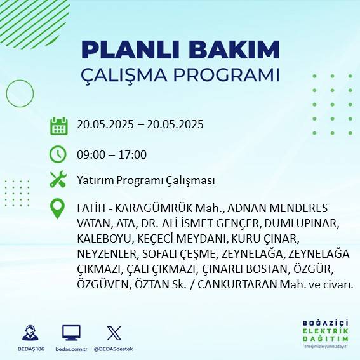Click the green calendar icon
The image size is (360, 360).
(58, 125)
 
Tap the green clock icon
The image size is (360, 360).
(58, 154)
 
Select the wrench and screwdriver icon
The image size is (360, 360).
(58, 180)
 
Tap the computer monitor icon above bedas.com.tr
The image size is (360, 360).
(70, 333)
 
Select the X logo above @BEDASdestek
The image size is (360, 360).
(114, 333)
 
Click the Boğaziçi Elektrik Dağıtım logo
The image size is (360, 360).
(325, 334)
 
